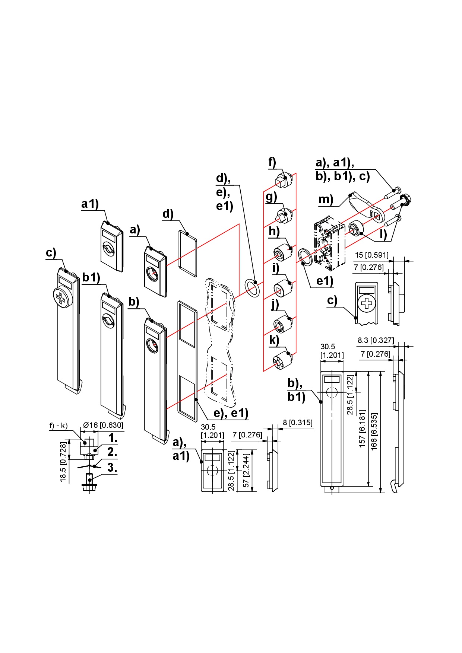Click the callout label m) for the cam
coord(326,200)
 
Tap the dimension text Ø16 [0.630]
coord(103,425)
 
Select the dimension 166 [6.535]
coord(374,431)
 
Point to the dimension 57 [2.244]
coord(246,470)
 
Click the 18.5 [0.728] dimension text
coord(63,462)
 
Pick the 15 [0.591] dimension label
coord(371,255)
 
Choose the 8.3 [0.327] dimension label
coord(376,340)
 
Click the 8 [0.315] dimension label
coord(298,423)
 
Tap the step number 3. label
coord(112,468)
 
